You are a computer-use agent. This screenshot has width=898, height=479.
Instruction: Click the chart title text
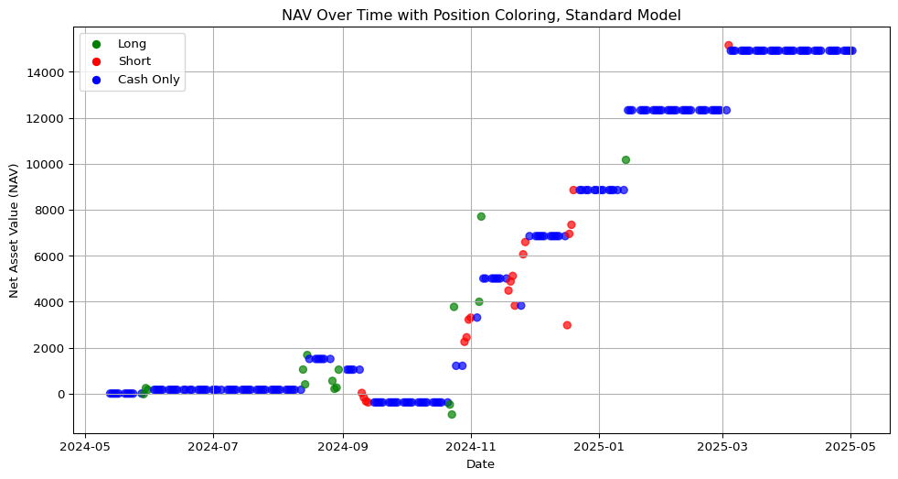[x=481, y=16]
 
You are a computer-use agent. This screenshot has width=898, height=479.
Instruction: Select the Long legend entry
[x=132, y=44]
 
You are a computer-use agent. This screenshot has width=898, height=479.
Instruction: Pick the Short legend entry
[x=134, y=61]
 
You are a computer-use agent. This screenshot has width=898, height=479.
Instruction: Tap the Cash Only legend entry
[x=149, y=80]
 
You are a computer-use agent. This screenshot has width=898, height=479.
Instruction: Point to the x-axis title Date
[x=481, y=465]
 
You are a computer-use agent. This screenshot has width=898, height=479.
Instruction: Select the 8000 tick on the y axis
[x=52, y=211]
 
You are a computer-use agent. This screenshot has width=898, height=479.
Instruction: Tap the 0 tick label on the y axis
[x=63, y=395]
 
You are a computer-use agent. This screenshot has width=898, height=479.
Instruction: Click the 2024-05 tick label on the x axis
[x=85, y=447]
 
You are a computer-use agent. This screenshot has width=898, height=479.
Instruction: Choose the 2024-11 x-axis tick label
[x=472, y=447]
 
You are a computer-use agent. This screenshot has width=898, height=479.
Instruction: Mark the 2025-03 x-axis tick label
[x=722, y=447]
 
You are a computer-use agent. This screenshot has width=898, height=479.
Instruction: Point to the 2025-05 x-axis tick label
[x=850, y=447]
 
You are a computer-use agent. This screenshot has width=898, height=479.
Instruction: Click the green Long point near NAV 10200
[x=625, y=159]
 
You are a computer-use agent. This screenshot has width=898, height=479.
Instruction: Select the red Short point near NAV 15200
[x=729, y=45]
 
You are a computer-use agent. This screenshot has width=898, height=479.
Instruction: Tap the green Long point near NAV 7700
[x=481, y=217]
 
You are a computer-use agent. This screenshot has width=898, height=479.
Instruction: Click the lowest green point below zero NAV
[x=452, y=415]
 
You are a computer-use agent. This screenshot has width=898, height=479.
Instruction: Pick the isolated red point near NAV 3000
[x=567, y=325]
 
